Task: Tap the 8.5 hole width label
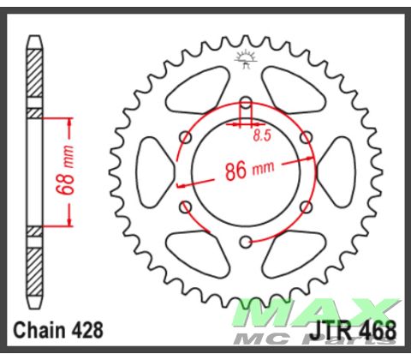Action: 263,135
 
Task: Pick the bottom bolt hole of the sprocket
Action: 246,241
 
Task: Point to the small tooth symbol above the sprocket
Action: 246,59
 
